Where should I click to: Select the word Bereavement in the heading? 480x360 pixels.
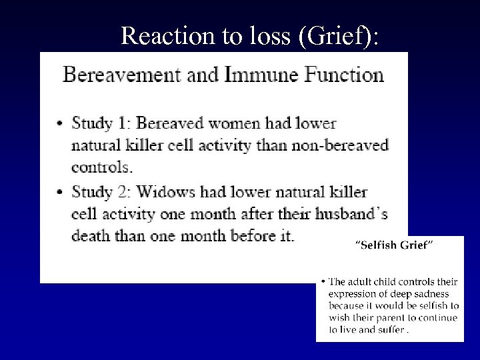[x=121, y=74]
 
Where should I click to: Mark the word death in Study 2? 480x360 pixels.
[x=92, y=237]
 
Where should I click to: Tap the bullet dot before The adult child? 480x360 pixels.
[x=323, y=282]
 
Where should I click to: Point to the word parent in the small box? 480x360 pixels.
[x=395, y=318]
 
